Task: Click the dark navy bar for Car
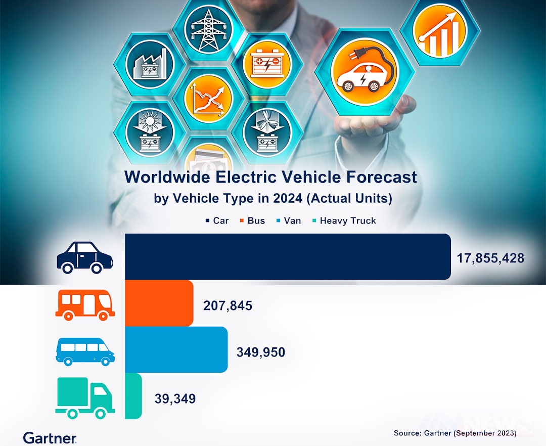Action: click(287, 256)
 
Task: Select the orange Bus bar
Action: click(159, 303)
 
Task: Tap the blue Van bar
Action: click(176, 349)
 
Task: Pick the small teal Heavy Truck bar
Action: click(133, 396)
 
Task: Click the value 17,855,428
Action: click(490, 258)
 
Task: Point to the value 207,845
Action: click(227, 305)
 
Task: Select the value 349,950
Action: click(261, 352)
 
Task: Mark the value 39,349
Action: click(175, 398)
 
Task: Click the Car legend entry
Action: click(217, 220)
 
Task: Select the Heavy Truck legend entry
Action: click(343, 220)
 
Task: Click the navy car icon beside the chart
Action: click(85, 257)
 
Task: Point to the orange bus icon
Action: click(85, 304)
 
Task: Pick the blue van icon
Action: click(85, 351)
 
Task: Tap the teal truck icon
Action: click(85, 398)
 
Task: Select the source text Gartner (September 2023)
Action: click(455, 433)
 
